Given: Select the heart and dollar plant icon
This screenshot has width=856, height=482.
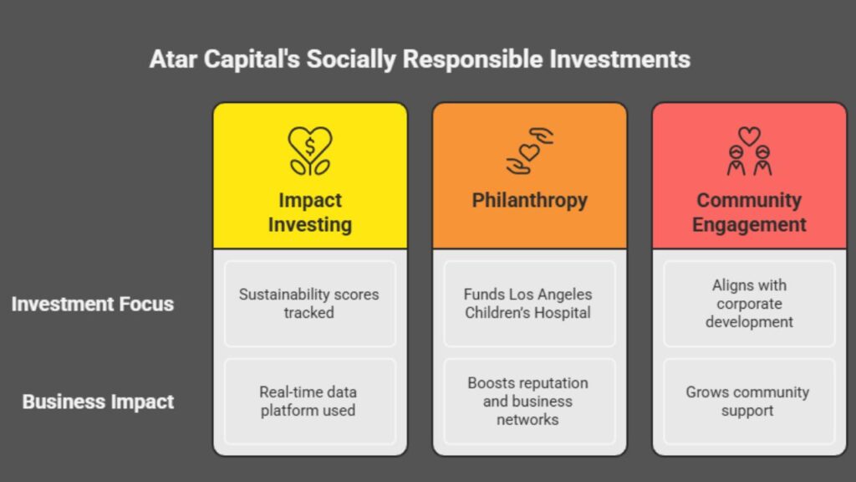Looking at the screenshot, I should [309, 151].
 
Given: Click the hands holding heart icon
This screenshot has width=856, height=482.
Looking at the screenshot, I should [530, 151].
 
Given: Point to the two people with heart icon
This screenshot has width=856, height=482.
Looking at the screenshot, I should [750, 151].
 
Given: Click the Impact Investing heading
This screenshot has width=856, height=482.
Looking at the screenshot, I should [309, 213].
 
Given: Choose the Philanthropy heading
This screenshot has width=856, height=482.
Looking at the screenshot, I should [530, 201].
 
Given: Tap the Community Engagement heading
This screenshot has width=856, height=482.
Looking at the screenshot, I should [750, 213].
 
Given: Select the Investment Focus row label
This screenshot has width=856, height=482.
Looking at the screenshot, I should [92, 304].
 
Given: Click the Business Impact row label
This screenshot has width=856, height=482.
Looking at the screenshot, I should [98, 402].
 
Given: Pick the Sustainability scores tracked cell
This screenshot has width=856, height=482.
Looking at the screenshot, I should [309, 303].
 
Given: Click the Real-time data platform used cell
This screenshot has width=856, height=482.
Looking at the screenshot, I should [309, 401].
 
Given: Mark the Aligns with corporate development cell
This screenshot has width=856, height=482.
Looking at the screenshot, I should [750, 303].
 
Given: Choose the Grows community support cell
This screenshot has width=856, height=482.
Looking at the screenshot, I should [750, 401].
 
